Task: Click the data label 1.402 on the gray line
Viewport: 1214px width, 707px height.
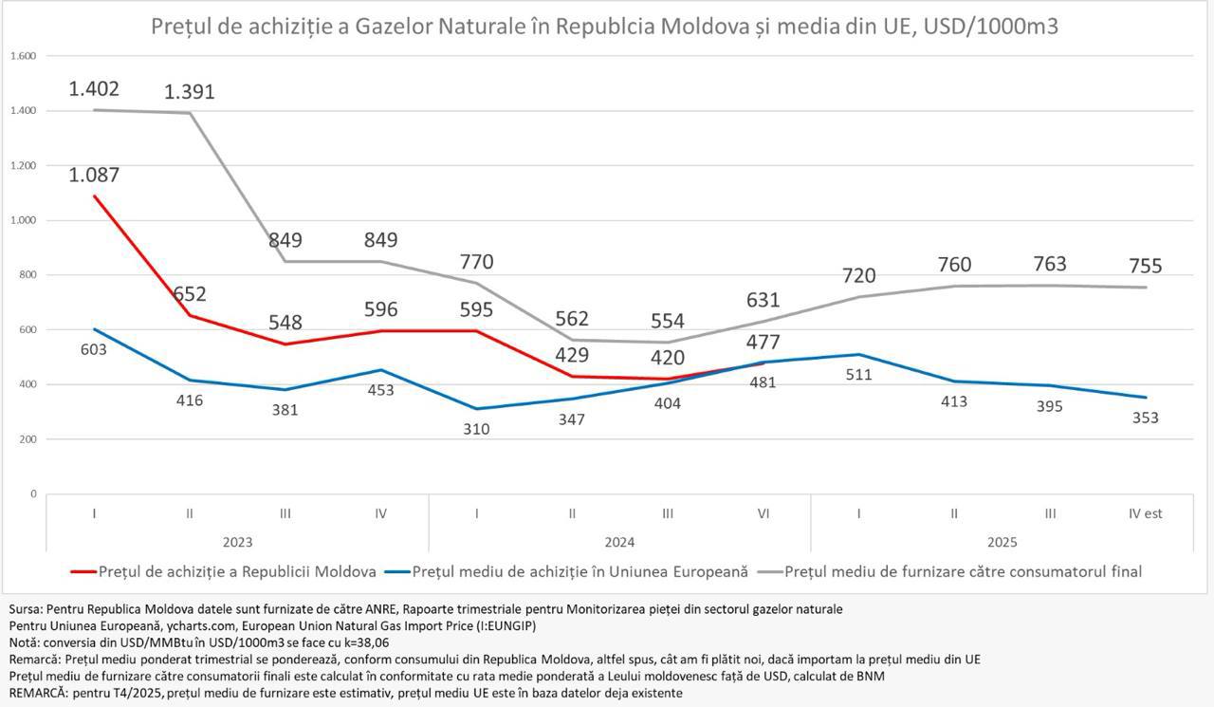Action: coord(94,89)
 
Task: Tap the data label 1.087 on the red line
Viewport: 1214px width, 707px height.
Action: coord(94,175)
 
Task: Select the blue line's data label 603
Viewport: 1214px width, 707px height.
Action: coord(94,349)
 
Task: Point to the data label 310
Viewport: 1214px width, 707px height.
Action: coord(476,429)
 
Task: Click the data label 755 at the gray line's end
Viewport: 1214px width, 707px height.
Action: coord(1144,266)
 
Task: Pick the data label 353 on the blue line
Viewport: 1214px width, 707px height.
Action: coord(1145,418)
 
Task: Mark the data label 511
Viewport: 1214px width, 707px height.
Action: coord(857,374)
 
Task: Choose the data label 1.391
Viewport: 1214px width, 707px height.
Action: coord(190,92)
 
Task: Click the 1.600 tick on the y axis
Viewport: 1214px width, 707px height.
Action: coord(24,56)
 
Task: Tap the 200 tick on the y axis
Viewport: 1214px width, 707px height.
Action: coord(27,439)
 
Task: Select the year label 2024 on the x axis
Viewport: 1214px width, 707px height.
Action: coord(618,543)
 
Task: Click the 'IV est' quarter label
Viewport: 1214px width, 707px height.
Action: coord(1144,513)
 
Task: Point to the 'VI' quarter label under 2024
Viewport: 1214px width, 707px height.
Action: coord(763,513)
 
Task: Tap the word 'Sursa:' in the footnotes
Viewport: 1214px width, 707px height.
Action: coord(26,608)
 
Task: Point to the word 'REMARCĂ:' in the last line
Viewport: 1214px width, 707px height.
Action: coord(38,693)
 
